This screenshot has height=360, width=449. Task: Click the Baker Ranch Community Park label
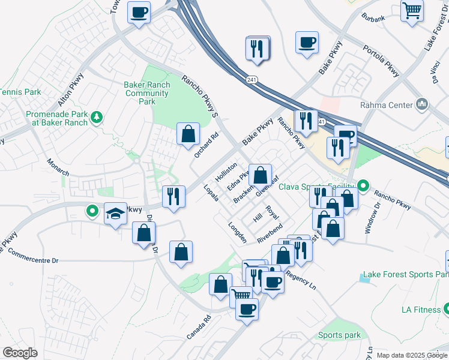(147, 93)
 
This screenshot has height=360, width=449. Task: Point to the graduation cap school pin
(115, 214)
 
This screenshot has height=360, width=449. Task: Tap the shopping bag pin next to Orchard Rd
(188, 134)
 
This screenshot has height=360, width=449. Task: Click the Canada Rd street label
(199, 327)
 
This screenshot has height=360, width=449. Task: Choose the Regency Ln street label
(301, 275)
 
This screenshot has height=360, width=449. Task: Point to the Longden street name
(237, 233)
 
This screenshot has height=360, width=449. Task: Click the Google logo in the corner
(20, 353)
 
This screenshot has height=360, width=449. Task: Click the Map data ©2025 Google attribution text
(412, 355)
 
